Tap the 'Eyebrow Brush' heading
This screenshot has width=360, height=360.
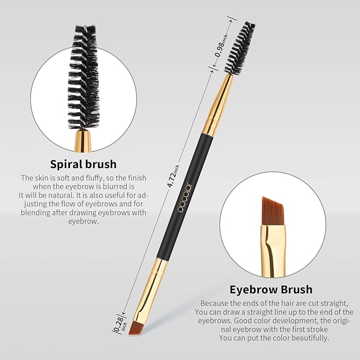[x=270, y=289]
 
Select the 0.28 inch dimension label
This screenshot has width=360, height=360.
[x=120, y=324]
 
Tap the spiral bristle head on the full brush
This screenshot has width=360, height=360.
[x=242, y=48]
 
